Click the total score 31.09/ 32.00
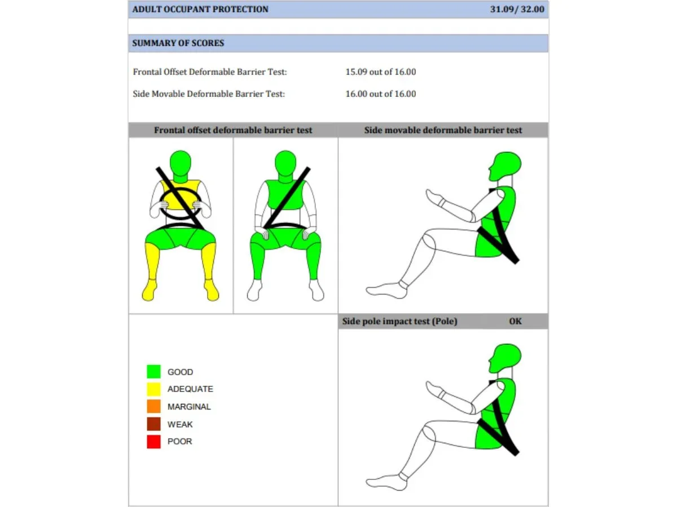click(517, 9)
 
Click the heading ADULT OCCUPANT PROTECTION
click(200, 9)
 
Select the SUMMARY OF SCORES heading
click(178, 43)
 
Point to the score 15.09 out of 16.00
click(381, 72)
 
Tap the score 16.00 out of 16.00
click(381, 94)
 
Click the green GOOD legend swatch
click(153, 372)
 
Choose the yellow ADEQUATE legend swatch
click(153, 389)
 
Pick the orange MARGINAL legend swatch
click(153, 406)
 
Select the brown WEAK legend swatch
click(153, 424)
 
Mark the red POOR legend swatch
click(153, 442)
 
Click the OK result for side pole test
click(516, 321)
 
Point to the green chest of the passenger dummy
click(285, 194)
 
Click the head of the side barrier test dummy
click(506, 166)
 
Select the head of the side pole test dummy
click(506, 358)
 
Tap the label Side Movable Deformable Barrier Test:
click(209, 94)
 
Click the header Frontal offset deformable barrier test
click(233, 130)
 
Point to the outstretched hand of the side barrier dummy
click(434, 197)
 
